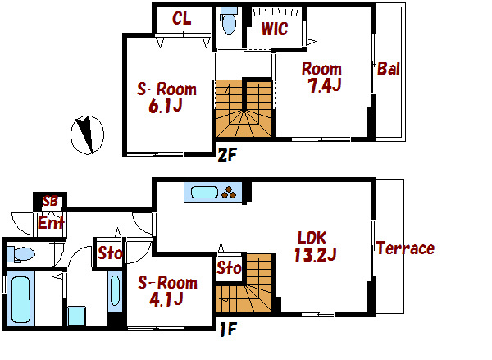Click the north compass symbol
coord(87,134)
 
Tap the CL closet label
coord(182,19)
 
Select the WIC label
coord(275,29)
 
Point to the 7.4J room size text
coord(325,85)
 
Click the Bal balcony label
coord(389,68)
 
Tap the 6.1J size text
coord(166,106)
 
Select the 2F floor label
coord(226,155)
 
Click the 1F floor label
coord(228,329)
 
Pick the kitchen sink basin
coord(204,192)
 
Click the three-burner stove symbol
coord(229,193)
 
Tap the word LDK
coord(312,238)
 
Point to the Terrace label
coord(405,248)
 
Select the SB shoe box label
coord(50,201)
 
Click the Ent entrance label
coord(51,223)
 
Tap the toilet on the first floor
coord(21,254)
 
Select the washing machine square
coord(76,316)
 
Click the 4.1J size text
coord(166,299)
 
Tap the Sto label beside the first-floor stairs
coord(229,267)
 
